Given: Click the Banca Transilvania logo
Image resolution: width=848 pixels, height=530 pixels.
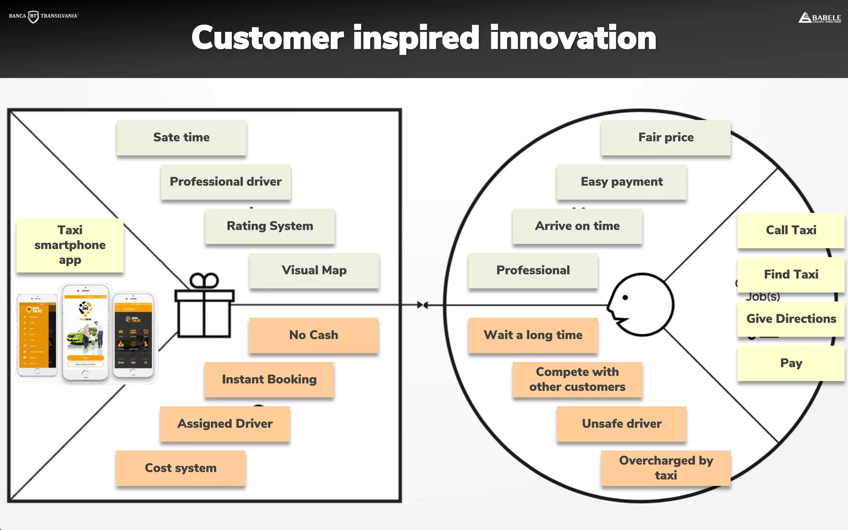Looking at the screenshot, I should (x=43, y=16).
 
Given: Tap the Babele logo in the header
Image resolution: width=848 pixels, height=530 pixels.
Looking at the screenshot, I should (x=819, y=18).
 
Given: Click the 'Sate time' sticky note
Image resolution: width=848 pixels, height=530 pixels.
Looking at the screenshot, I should (x=181, y=137).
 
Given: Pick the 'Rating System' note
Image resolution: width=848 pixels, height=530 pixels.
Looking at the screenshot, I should (x=270, y=226).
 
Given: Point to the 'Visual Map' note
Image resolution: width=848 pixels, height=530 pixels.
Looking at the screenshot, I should (x=314, y=270).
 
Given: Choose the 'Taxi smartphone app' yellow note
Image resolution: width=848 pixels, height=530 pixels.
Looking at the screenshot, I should (x=70, y=245).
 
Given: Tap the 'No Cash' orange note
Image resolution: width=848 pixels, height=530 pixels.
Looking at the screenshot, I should (x=313, y=335).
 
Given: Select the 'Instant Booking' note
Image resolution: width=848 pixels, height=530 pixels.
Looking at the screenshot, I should (x=269, y=379).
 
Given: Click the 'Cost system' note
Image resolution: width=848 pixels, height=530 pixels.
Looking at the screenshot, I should (x=181, y=468).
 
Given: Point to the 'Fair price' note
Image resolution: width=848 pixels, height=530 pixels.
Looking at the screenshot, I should (x=666, y=137).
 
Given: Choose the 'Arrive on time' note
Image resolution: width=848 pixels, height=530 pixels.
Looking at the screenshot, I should (x=577, y=226).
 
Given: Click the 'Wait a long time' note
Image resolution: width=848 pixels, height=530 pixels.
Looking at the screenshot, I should (x=533, y=335).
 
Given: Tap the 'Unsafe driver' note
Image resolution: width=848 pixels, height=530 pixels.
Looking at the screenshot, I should (x=622, y=424).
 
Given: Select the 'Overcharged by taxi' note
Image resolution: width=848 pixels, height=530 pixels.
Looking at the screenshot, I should (x=666, y=468).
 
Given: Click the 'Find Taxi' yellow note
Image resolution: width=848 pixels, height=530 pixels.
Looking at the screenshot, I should (x=791, y=275).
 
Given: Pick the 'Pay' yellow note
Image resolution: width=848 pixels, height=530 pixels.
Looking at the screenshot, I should (x=791, y=363).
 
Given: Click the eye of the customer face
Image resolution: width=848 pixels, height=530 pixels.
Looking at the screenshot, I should (x=625, y=297).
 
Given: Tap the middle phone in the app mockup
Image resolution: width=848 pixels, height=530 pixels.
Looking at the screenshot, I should (x=85, y=332).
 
